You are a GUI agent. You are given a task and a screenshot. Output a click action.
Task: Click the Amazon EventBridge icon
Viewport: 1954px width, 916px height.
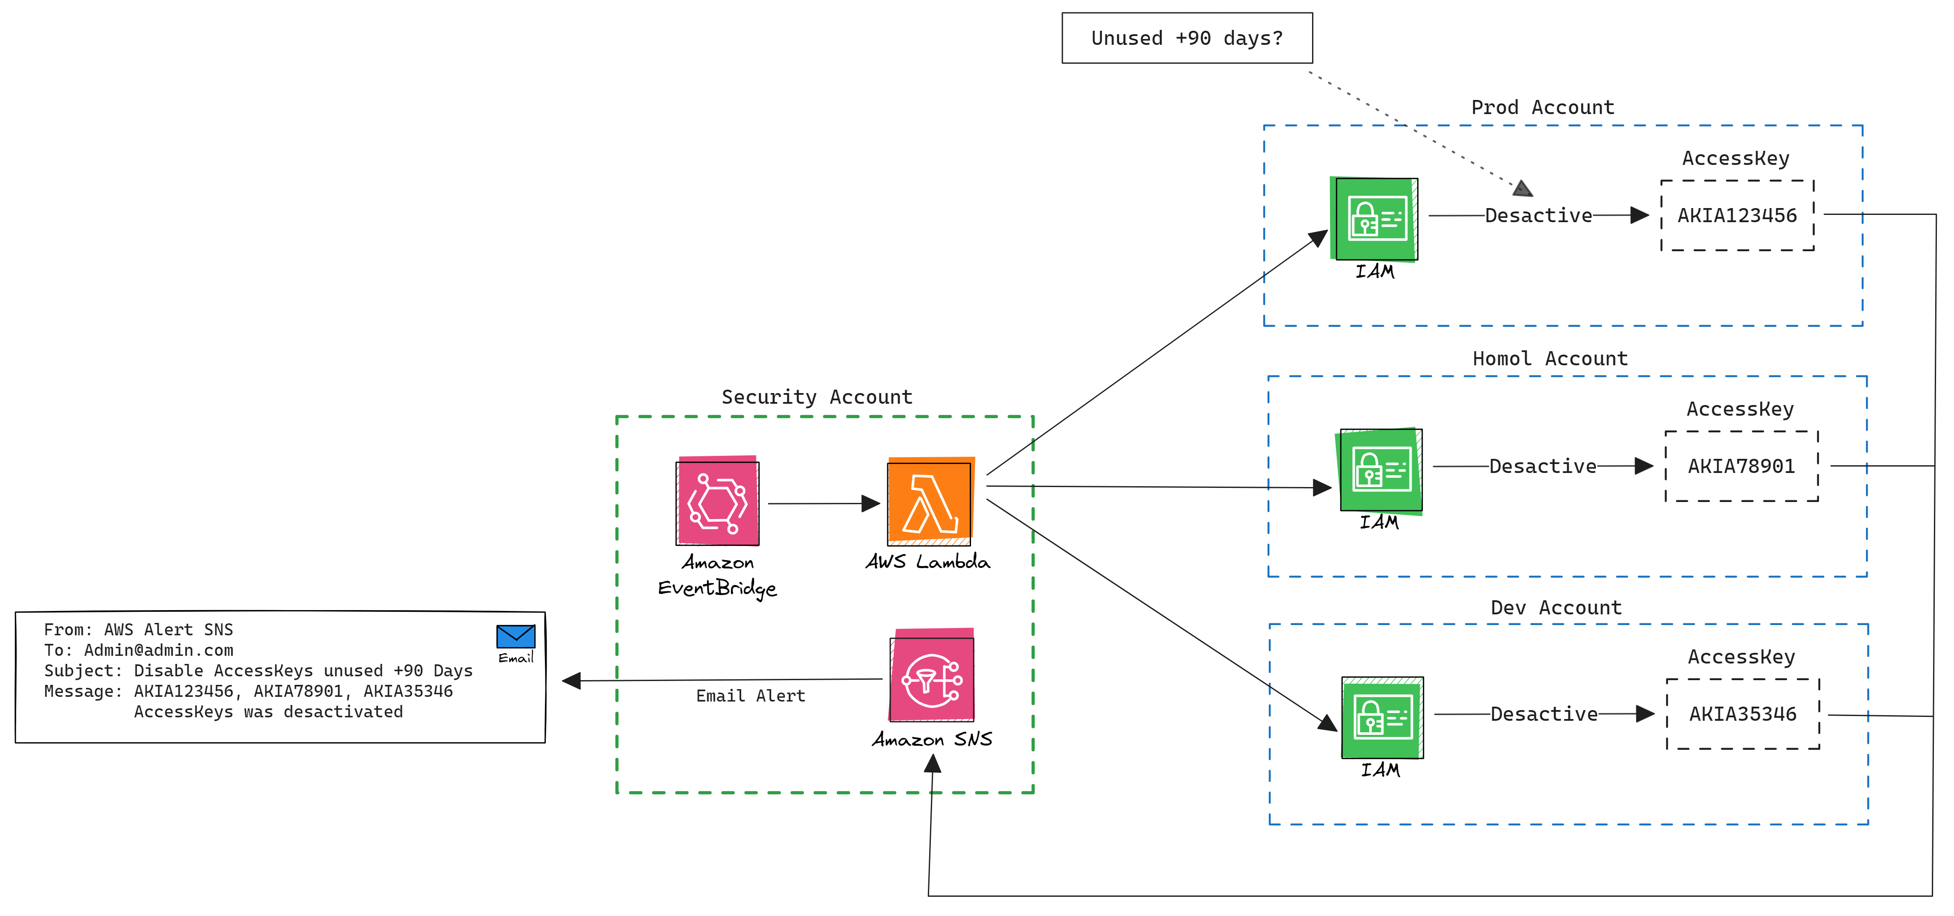click(x=718, y=502)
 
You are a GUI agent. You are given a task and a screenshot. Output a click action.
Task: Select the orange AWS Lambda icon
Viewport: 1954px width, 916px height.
click(x=930, y=502)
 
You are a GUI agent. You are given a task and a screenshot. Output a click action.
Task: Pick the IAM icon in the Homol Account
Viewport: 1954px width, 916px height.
click(x=1380, y=470)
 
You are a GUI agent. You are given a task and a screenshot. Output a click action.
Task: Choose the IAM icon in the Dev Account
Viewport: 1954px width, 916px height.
click(x=1382, y=717)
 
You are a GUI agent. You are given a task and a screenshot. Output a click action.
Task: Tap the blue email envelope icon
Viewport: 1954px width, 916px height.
click(x=516, y=636)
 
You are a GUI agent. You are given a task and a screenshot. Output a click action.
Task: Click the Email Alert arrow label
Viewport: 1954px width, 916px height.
click(x=750, y=696)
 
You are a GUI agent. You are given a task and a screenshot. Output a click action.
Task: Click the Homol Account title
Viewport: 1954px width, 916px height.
click(x=1550, y=358)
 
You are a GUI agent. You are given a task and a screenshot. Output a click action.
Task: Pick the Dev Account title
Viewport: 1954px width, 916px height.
click(x=1556, y=608)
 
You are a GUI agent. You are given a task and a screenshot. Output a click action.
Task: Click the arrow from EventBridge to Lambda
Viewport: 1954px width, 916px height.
click(x=823, y=503)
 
